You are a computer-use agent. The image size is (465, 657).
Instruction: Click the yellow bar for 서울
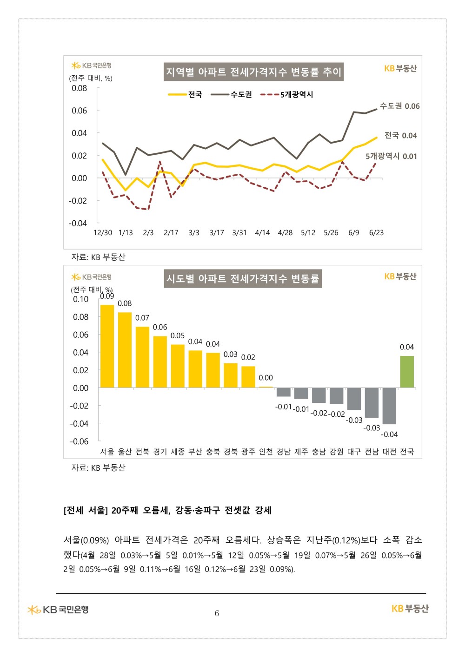pos(107,346)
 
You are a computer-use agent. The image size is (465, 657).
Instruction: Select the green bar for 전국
pos(407,372)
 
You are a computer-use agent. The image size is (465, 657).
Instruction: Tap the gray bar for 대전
pos(389,406)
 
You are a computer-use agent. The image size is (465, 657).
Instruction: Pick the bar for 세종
pos(178,366)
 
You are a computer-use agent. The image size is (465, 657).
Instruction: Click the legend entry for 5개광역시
pos(287,94)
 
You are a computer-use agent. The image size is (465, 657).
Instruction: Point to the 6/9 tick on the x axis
pos(353,232)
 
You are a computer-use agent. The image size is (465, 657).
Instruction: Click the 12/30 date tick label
pos(103,232)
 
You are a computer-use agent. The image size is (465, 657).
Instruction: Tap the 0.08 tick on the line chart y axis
pos(79,88)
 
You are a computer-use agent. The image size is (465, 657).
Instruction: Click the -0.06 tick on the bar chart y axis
pos(79,441)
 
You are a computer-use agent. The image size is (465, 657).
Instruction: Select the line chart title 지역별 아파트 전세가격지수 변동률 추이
pos(253,72)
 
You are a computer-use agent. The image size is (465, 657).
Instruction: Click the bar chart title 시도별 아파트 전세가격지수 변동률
pos(243,279)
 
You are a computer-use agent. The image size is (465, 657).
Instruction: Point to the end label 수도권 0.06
pos(399,106)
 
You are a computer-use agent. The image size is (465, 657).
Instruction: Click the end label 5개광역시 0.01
pos(391,156)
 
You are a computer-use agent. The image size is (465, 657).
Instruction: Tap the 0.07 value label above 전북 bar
pos(142,318)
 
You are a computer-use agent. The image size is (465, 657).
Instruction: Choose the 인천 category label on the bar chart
pos(266,452)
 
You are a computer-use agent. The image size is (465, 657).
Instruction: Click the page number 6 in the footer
pos(217,613)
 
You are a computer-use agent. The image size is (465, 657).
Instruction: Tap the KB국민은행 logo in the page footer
pos(58,609)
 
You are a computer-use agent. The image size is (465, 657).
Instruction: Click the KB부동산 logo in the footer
pos(410,609)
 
